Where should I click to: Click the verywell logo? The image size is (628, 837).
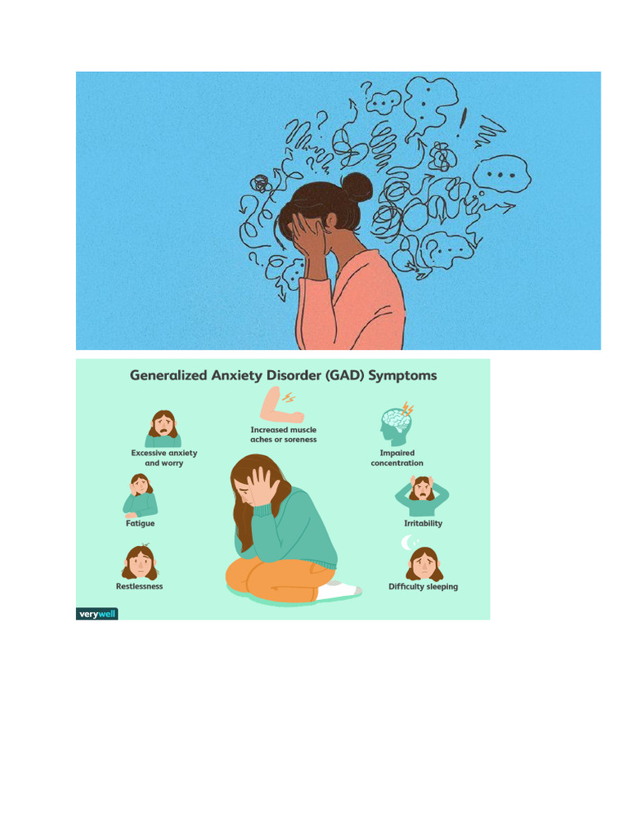[x=96, y=613]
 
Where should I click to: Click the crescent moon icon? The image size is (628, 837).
[x=406, y=542]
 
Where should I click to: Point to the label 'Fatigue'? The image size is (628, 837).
[x=140, y=523]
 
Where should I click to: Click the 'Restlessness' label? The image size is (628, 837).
[x=139, y=586]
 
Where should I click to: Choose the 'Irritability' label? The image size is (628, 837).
[x=423, y=523]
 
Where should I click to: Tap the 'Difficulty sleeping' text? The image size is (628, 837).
[x=423, y=586]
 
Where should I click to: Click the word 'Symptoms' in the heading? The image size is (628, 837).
[x=402, y=376]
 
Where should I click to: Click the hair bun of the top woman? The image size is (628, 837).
[x=357, y=187]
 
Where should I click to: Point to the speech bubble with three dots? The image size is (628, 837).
[x=502, y=173]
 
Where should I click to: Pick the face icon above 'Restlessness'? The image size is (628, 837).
[x=140, y=562]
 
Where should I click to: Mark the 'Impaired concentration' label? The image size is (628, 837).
[x=397, y=458]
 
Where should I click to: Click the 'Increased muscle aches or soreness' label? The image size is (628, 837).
[x=283, y=434]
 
